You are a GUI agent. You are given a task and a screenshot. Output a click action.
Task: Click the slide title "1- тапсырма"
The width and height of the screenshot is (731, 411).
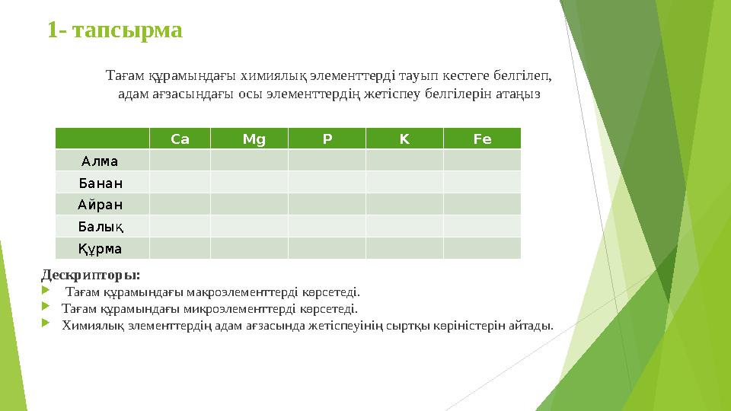(114, 30)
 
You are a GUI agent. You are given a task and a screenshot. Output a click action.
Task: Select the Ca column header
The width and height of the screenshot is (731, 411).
(180, 139)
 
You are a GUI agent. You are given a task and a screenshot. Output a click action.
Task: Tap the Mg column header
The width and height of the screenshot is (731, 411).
(254, 139)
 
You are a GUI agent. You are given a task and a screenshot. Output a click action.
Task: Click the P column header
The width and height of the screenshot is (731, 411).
(327, 139)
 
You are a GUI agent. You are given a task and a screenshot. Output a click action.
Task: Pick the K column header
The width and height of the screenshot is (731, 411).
(404, 139)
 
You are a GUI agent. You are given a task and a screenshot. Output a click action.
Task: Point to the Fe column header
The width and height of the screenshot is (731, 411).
(482, 139)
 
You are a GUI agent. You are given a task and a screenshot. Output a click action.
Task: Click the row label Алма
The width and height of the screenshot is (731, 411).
(100, 161)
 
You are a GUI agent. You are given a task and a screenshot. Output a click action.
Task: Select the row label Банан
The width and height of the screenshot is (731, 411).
(101, 183)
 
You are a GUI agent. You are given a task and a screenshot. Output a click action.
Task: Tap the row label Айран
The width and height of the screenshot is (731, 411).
(101, 205)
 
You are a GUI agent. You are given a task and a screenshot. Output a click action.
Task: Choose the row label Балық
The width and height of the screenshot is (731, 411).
(101, 227)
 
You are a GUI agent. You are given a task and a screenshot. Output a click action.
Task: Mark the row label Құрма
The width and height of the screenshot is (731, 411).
(101, 249)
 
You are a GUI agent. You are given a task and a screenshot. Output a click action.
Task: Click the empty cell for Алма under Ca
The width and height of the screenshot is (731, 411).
(180, 161)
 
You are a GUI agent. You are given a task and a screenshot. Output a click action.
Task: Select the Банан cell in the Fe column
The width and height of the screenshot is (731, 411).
(482, 183)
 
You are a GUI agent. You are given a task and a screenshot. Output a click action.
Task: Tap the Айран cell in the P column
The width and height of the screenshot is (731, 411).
(327, 205)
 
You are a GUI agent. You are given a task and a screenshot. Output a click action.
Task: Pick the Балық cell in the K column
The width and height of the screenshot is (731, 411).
(404, 227)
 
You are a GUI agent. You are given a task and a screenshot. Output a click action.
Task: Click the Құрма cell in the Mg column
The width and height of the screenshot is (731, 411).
(249, 249)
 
